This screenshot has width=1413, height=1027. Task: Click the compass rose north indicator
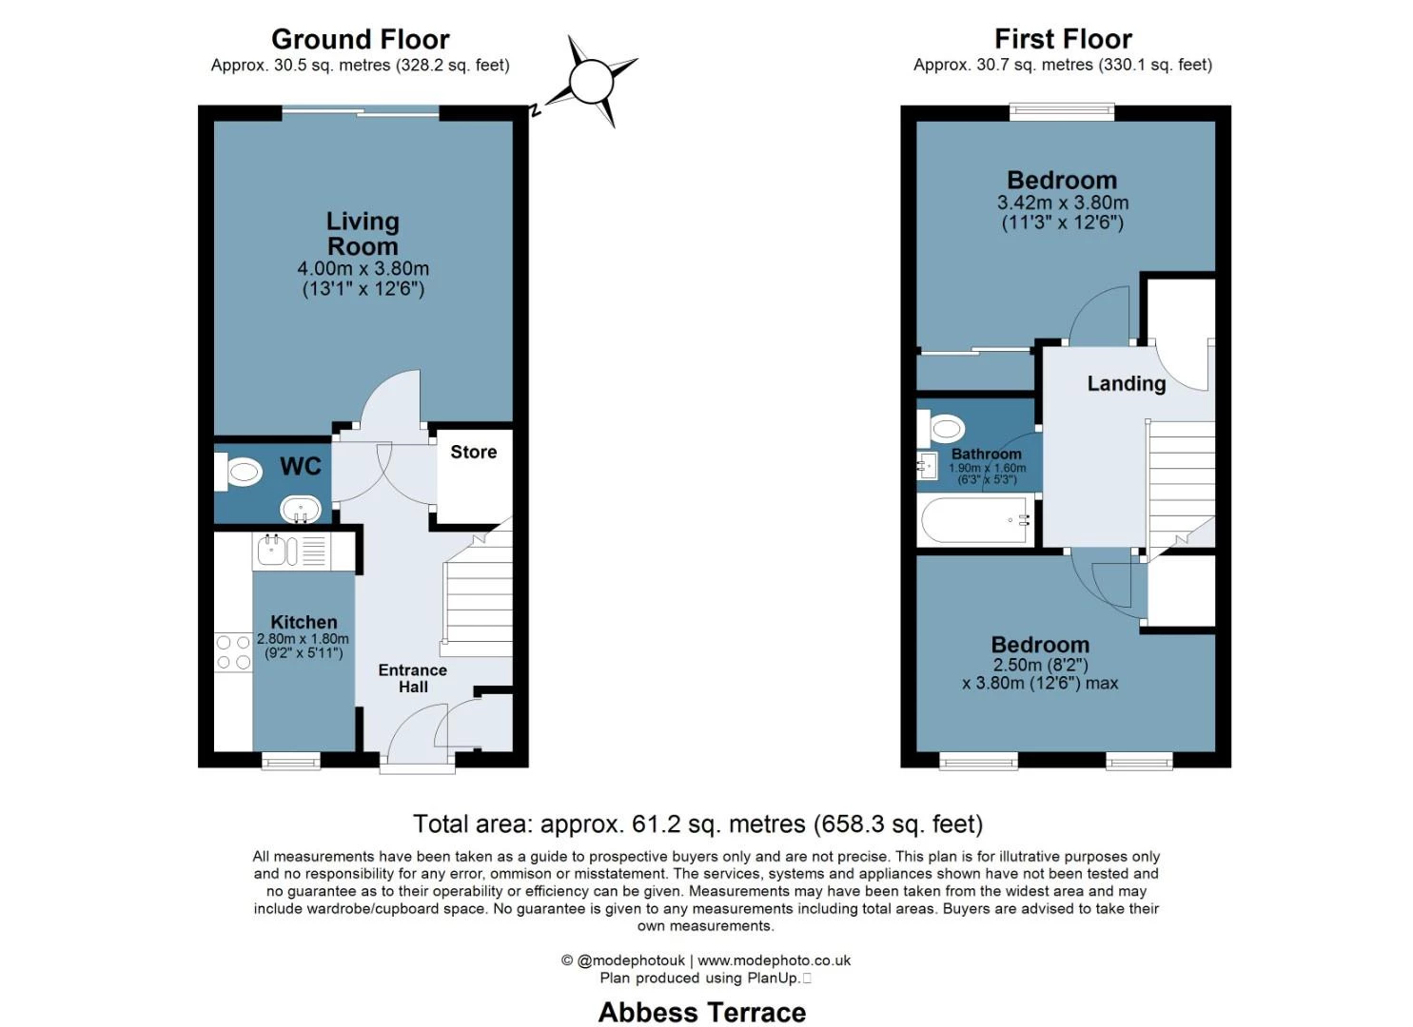[x=591, y=82]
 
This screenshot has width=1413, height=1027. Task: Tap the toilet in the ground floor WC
[x=238, y=472]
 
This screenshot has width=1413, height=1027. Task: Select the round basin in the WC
[x=301, y=509]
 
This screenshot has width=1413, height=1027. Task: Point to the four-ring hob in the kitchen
[x=233, y=652]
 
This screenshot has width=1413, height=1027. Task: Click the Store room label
[x=473, y=453]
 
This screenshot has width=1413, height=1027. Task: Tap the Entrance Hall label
[x=412, y=678]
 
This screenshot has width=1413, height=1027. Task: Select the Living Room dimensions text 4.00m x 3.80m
[x=363, y=269]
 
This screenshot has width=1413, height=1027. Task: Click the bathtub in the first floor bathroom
[x=977, y=520]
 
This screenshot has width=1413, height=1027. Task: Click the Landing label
[x=1126, y=383]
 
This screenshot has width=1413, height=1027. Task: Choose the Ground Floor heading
[x=360, y=39]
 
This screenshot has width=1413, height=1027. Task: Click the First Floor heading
[x=1062, y=39]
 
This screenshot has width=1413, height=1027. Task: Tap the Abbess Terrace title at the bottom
[x=701, y=1012]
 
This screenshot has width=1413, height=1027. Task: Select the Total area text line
[x=697, y=824]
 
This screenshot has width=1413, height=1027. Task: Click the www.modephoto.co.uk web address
[x=774, y=960]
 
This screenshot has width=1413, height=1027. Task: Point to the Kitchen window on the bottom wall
[x=291, y=760]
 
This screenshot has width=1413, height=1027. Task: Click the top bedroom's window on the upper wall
[x=1061, y=112]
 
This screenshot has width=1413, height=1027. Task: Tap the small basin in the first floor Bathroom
[x=927, y=466]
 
